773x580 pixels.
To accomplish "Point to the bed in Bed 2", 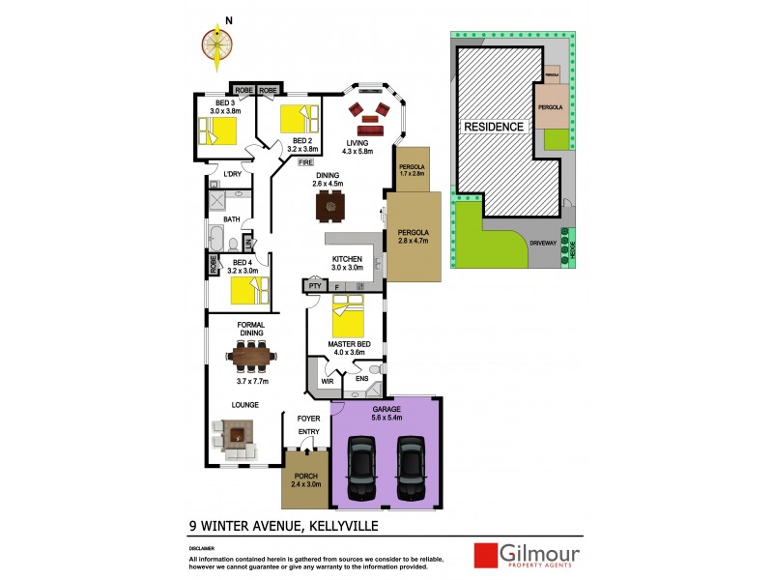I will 298,120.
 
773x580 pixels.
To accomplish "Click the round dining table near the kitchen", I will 330,206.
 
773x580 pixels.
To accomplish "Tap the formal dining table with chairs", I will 253,358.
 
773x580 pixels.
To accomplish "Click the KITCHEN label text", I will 347,259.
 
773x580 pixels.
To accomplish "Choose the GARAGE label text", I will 386,410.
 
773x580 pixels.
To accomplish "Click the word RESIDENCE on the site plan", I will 494,127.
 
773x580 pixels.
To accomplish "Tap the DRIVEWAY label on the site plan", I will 543,244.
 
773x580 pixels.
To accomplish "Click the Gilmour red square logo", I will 485,555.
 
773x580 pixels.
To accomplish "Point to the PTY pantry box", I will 314,286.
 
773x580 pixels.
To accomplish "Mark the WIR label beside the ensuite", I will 328,381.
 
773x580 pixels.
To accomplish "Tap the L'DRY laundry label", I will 232,174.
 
